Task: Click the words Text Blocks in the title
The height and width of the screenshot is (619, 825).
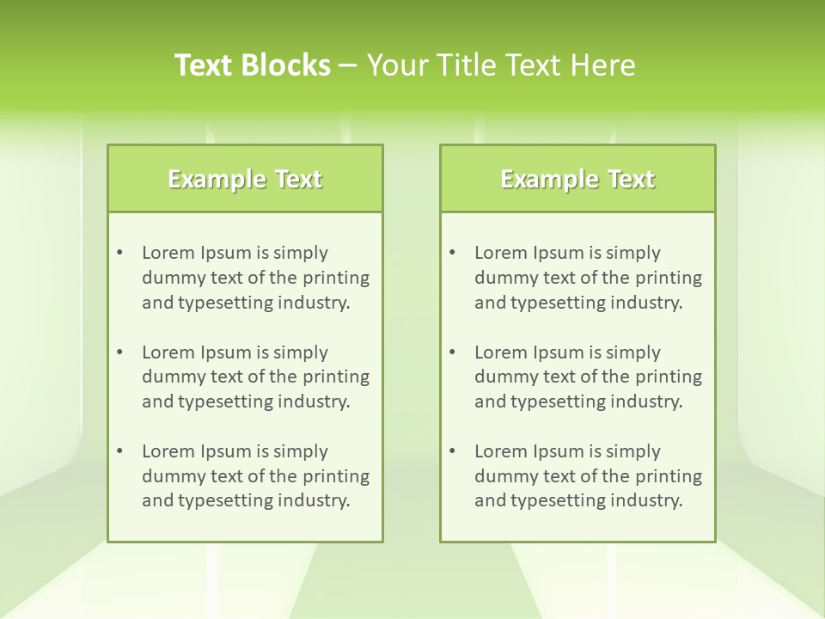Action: [253, 65]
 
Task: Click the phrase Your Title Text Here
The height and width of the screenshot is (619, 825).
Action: [501, 65]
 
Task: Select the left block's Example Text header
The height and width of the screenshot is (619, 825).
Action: [245, 179]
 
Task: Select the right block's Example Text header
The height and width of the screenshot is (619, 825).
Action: [577, 179]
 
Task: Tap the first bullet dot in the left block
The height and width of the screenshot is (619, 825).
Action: [120, 253]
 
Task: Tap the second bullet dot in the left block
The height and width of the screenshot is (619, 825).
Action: [120, 352]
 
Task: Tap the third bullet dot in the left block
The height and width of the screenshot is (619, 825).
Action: [120, 451]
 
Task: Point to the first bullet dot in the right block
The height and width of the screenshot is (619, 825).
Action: [453, 253]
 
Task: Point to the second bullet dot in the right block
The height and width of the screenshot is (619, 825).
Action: [453, 352]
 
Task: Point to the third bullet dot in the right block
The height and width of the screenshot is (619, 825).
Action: [453, 451]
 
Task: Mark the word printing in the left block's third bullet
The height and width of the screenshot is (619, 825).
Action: [337, 476]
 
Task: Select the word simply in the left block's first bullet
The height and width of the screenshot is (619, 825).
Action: [301, 253]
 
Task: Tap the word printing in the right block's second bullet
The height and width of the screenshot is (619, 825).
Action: [669, 377]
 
